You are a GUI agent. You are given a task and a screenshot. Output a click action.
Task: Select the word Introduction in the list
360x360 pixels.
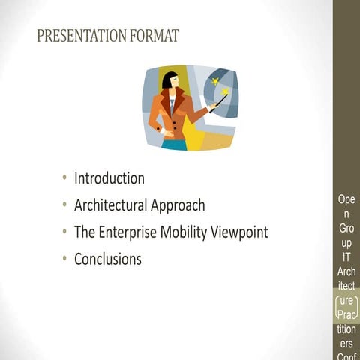(x=109, y=178)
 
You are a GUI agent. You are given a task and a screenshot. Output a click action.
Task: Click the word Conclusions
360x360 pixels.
(x=107, y=259)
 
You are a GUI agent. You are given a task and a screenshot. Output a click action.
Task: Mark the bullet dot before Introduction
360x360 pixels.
(x=66, y=178)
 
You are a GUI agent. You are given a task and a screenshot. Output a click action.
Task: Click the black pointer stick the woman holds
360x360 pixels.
(x=217, y=102)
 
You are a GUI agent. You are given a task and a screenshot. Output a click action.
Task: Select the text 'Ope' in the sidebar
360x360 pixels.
(x=346, y=200)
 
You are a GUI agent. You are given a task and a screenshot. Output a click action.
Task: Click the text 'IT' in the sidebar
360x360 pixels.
(x=346, y=257)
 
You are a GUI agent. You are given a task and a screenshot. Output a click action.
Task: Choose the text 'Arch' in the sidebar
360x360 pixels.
(x=346, y=271)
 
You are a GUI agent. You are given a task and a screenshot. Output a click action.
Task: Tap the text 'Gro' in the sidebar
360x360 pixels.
(x=346, y=229)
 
